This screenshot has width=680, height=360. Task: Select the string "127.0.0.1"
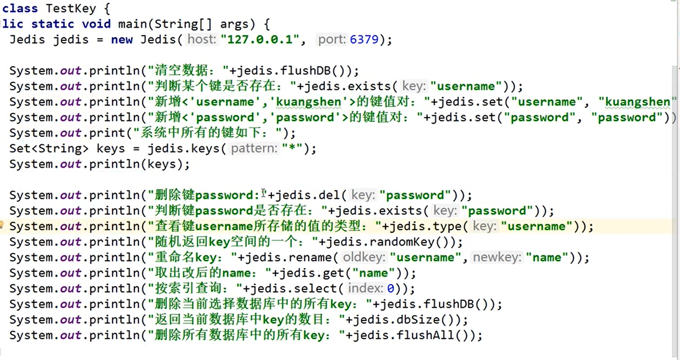pos(263,39)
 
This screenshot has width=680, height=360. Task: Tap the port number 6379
pos(364,39)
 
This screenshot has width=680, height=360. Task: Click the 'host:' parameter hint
pos(202,39)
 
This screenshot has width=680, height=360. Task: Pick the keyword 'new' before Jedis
pos(121,39)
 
